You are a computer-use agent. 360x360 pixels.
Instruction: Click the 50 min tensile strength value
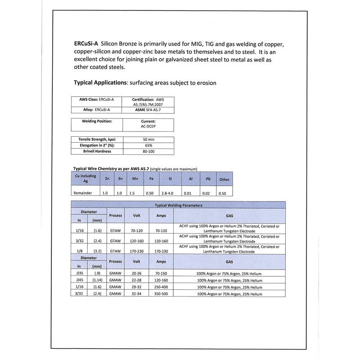pyautogui.click(x=148, y=140)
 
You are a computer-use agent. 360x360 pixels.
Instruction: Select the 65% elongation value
pyautogui.click(x=148, y=146)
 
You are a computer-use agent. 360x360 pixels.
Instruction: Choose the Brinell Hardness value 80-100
pyautogui.click(x=148, y=152)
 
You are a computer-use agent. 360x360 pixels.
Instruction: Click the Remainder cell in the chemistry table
pyautogui.click(x=83, y=193)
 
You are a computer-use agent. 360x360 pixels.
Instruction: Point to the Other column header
pyautogui.click(x=224, y=179)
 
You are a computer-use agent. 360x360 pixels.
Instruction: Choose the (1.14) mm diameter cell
pyautogui.click(x=97, y=280)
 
